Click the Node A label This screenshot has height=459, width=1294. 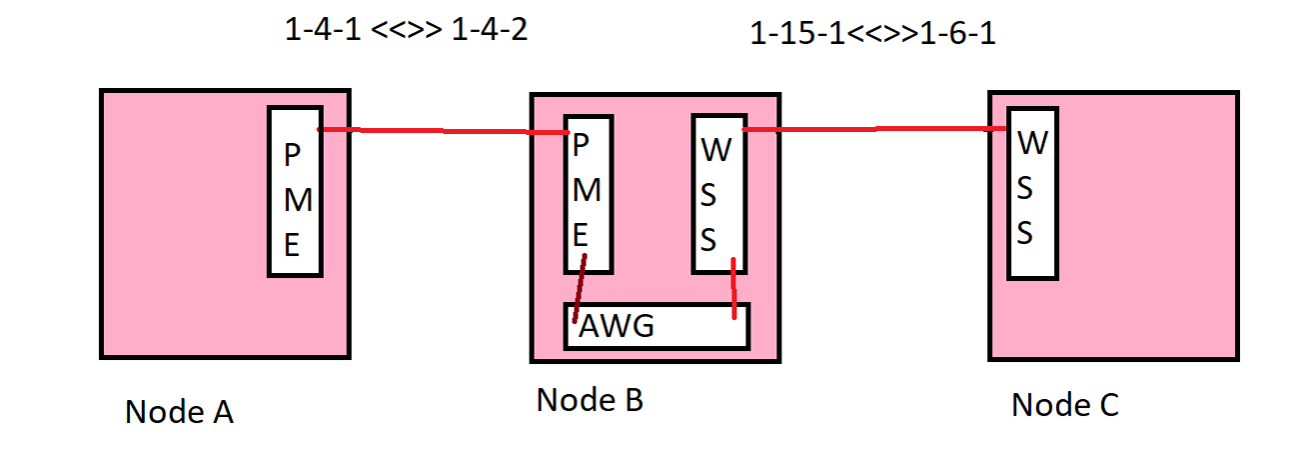[x=179, y=411]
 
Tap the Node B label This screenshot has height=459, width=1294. [x=590, y=400]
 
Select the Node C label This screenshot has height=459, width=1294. [x=1065, y=405]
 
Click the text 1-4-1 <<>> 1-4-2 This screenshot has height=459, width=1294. [x=406, y=30]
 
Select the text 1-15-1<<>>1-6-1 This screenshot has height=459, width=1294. [x=872, y=34]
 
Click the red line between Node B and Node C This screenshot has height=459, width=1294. [x=874, y=128]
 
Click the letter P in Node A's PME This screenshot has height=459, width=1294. [x=292, y=156]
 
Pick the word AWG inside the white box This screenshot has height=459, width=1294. [x=616, y=327]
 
